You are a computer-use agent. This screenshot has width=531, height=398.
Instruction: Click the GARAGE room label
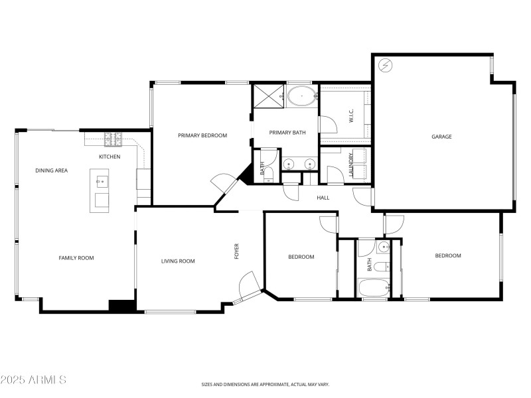pyautogui.click(x=441, y=137)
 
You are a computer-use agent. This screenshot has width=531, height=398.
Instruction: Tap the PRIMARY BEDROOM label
pyautogui.click(x=202, y=135)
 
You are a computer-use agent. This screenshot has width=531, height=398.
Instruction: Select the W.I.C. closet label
pyautogui.click(x=350, y=116)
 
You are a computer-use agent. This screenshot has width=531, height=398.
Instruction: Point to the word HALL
pyautogui.click(x=323, y=198)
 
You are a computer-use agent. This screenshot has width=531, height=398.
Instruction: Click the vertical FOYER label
pyautogui.click(x=236, y=251)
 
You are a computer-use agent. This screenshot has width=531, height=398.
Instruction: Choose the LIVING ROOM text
pyautogui.click(x=178, y=261)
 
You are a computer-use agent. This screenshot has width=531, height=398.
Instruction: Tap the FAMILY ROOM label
pyautogui.click(x=77, y=258)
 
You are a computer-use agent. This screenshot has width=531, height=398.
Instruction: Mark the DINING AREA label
pyautogui.click(x=52, y=170)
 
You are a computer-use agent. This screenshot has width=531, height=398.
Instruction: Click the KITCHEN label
pyautogui.click(x=110, y=157)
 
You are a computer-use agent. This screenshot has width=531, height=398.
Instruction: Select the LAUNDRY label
pyautogui.click(x=351, y=163)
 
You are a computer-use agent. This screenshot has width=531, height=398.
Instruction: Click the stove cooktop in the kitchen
pyautogui.click(x=114, y=140)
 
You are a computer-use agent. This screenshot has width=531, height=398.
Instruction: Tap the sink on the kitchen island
pyautogui.click(x=101, y=180)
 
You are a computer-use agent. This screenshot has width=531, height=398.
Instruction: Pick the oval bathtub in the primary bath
pyautogui.click(x=303, y=96)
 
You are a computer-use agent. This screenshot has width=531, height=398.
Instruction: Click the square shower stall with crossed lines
pyautogui.click(x=269, y=96)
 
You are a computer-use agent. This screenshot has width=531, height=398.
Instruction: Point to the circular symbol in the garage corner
pyautogui.click(x=384, y=66)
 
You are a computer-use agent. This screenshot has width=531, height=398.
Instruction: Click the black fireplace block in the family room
pyautogui.click(x=121, y=306)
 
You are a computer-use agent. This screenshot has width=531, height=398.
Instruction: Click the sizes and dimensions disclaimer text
pyautogui.click(x=265, y=384)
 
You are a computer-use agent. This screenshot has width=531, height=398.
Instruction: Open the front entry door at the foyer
pyautogui.click(x=250, y=285)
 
